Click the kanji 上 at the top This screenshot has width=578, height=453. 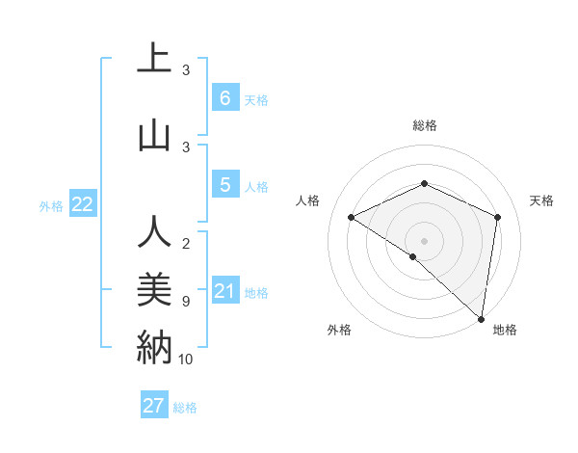coord(154,59)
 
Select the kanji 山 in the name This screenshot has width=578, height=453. coord(154,135)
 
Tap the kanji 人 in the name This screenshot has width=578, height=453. coord(154,232)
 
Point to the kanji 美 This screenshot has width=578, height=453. coord(154,287)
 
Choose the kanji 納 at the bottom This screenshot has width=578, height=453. coord(154,345)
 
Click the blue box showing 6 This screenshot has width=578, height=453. coord(224,97)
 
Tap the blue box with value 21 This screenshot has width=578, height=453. coord(224,291)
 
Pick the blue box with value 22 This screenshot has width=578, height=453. coord(82,204)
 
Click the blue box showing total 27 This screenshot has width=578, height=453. coord(154,406)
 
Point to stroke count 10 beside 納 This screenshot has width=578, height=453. coord(186,360)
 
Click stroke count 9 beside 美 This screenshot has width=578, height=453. coord(186,302)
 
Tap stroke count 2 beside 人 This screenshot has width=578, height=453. coord(186,244)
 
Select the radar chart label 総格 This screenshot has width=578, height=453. coord(424,125)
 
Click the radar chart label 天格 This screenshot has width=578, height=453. coord(541,200)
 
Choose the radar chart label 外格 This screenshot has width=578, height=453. coord(339,330)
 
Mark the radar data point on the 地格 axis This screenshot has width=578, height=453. coord(482,318)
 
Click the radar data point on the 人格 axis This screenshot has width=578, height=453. coord(352,218)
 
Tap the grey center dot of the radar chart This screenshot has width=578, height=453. coord(424,240)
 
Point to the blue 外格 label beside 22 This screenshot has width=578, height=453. coord(51,205)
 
